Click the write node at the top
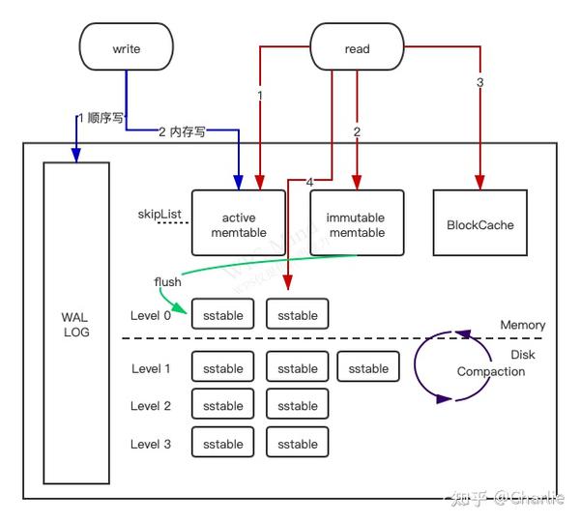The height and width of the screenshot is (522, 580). point(126,46)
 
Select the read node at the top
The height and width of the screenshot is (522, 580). point(357,46)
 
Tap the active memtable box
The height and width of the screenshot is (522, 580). point(239,222)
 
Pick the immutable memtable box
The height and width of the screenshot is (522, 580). point(357,222)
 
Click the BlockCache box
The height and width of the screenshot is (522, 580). point(480,222)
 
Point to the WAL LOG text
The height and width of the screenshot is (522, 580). point(75,325)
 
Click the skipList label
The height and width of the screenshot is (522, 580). point(159,214)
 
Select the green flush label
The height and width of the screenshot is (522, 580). point(167,282)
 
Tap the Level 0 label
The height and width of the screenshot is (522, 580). point(151,315)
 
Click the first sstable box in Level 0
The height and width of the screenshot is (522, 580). point(223,314)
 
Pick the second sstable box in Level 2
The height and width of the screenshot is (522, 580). point(298,404)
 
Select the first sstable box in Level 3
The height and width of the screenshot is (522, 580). point(223,442)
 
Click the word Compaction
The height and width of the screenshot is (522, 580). point(491,371)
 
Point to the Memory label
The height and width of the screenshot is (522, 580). point(523,325)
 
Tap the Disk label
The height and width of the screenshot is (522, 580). point(523,355)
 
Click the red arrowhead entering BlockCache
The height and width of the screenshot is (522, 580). point(479,183)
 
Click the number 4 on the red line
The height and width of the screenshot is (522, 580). point(309,182)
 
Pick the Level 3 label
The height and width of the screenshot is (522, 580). point(151,444)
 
